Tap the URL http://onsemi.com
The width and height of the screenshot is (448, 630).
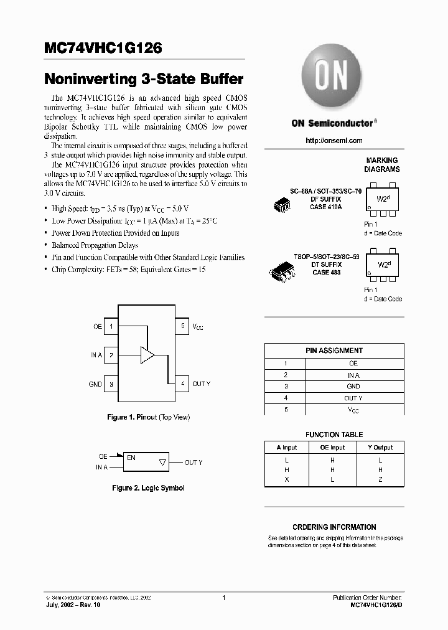334,141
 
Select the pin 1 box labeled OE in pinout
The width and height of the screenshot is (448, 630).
111,326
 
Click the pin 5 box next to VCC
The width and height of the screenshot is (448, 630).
182,326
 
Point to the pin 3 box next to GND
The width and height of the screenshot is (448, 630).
111,384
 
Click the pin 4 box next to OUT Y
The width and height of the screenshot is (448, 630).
182,384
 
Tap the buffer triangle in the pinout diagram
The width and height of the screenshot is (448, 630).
147,355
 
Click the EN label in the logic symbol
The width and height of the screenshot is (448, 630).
131,458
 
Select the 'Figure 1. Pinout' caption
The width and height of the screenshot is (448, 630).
149,417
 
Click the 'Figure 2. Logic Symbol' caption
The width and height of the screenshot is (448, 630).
148,488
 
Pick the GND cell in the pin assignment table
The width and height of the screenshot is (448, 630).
353,387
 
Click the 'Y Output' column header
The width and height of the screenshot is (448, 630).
380,448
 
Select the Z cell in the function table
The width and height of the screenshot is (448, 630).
380,479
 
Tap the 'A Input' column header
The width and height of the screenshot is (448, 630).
286,448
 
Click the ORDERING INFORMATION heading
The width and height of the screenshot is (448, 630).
334,527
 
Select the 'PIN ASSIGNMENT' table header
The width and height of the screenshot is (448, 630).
334,350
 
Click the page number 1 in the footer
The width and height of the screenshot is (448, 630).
223,598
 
